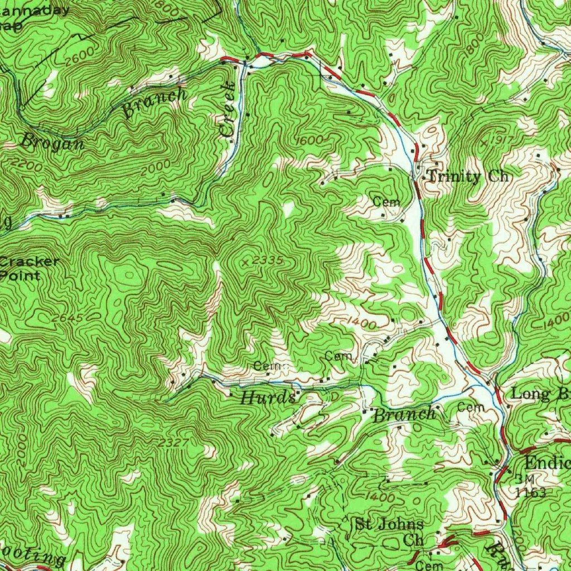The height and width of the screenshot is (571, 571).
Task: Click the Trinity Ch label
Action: (x=468, y=177)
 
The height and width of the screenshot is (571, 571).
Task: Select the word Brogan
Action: (x=52, y=142)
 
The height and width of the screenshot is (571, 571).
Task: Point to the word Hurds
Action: (x=268, y=398)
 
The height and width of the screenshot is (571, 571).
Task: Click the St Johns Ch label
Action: (x=389, y=532)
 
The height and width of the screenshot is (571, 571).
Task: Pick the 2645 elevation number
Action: (x=67, y=318)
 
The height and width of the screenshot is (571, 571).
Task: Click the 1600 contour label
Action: (x=309, y=140)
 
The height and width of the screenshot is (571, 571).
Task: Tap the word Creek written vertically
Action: (x=228, y=109)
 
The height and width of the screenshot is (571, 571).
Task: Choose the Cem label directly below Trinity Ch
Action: (x=386, y=201)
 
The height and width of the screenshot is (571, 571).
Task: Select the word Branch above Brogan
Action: (x=154, y=102)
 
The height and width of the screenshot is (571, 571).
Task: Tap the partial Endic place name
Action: (x=547, y=462)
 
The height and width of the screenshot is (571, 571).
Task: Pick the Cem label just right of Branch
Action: (x=470, y=408)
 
